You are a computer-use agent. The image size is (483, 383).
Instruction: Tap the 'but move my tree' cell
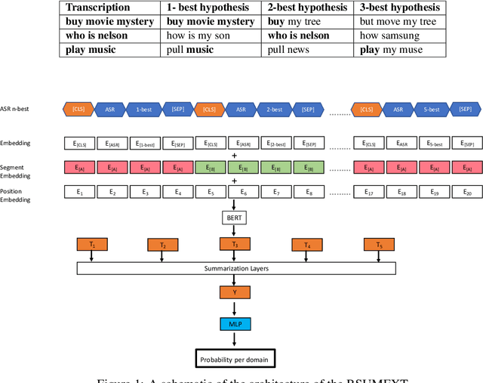[x=400, y=22]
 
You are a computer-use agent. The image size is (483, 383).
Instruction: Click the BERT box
[x=234, y=218]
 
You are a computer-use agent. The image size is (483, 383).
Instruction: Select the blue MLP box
[x=234, y=323]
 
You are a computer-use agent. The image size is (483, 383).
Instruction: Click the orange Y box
[x=234, y=292]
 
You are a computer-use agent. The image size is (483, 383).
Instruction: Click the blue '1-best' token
[x=143, y=110]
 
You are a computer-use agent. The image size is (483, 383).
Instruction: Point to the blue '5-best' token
[x=432, y=110]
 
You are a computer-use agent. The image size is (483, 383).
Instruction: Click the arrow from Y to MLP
[x=234, y=308]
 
